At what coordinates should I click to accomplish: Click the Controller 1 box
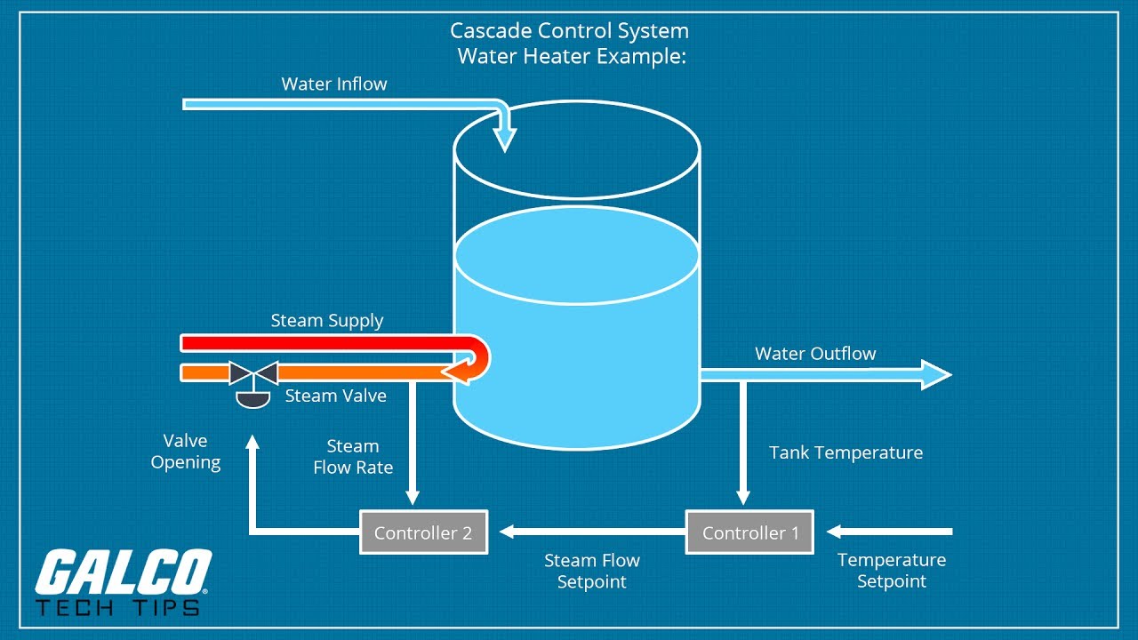(749, 532)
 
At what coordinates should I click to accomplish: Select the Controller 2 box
(423, 532)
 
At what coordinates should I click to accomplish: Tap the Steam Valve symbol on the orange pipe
(253, 372)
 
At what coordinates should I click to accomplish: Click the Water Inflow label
(334, 84)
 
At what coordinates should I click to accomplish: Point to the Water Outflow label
(815, 354)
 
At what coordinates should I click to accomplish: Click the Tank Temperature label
(845, 452)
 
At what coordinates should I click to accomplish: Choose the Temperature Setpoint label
(892, 571)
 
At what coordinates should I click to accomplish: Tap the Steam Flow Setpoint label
(592, 572)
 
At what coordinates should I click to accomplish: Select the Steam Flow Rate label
(353, 457)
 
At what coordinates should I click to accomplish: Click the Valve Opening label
(186, 452)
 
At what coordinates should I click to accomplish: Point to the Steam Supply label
(327, 321)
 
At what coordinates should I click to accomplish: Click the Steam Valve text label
(335, 396)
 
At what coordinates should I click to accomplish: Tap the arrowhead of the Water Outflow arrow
(937, 374)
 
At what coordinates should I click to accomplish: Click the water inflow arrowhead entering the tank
(505, 140)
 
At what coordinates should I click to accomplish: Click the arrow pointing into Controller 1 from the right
(889, 532)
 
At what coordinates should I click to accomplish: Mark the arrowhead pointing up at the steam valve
(252, 442)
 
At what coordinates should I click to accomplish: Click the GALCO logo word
(123, 573)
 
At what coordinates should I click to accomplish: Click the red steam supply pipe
(320, 343)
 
